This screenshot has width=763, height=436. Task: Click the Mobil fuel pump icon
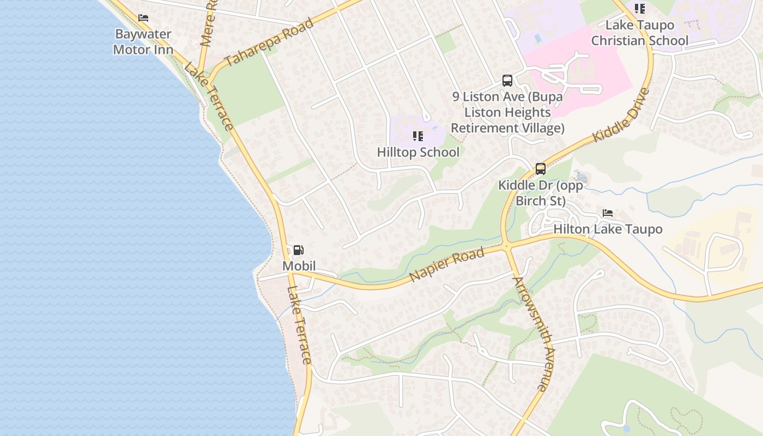[x=298, y=250]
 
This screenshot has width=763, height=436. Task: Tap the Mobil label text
[x=299, y=266]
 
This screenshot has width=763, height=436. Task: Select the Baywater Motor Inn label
[x=143, y=42]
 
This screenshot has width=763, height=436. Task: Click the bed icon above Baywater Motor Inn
[x=143, y=18]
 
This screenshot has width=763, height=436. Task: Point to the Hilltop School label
[x=418, y=152]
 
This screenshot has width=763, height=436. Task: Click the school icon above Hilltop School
[x=418, y=136]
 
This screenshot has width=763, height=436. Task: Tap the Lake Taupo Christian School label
[x=640, y=33]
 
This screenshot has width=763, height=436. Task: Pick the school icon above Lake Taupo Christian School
[x=639, y=8]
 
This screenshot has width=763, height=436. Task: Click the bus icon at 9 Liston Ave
[x=507, y=81]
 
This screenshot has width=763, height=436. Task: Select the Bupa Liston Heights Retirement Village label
[x=507, y=112]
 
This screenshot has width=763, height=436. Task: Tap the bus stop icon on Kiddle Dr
[x=540, y=169]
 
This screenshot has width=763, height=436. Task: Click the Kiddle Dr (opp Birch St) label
[x=540, y=193]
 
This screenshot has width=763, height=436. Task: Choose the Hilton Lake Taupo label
[x=608, y=229]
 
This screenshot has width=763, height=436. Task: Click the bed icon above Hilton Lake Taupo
[x=608, y=213]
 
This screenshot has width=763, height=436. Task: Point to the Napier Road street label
[x=446, y=265]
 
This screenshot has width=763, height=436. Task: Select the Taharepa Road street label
[x=269, y=42]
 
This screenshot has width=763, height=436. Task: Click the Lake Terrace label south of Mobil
[x=299, y=324]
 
